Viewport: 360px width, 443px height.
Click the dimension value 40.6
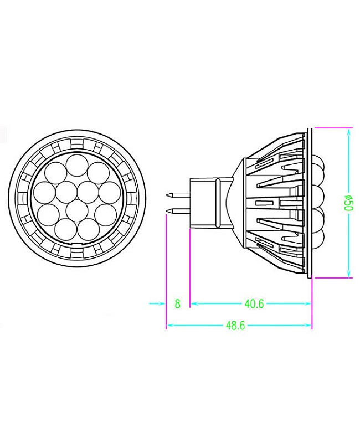click(x=254, y=303)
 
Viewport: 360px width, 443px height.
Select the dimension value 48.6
click(x=235, y=326)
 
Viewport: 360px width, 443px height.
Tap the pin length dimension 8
click(x=177, y=303)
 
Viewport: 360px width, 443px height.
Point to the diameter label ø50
click(x=348, y=202)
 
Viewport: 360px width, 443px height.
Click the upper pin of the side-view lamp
click(x=178, y=195)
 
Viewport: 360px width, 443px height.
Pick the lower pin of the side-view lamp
click(x=178, y=210)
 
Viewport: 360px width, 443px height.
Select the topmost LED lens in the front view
click(x=77, y=165)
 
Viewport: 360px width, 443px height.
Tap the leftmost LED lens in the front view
click(x=44, y=192)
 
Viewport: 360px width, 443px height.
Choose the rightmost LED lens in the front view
click(x=110, y=192)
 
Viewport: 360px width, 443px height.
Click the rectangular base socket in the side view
click(x=210, y=202)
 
